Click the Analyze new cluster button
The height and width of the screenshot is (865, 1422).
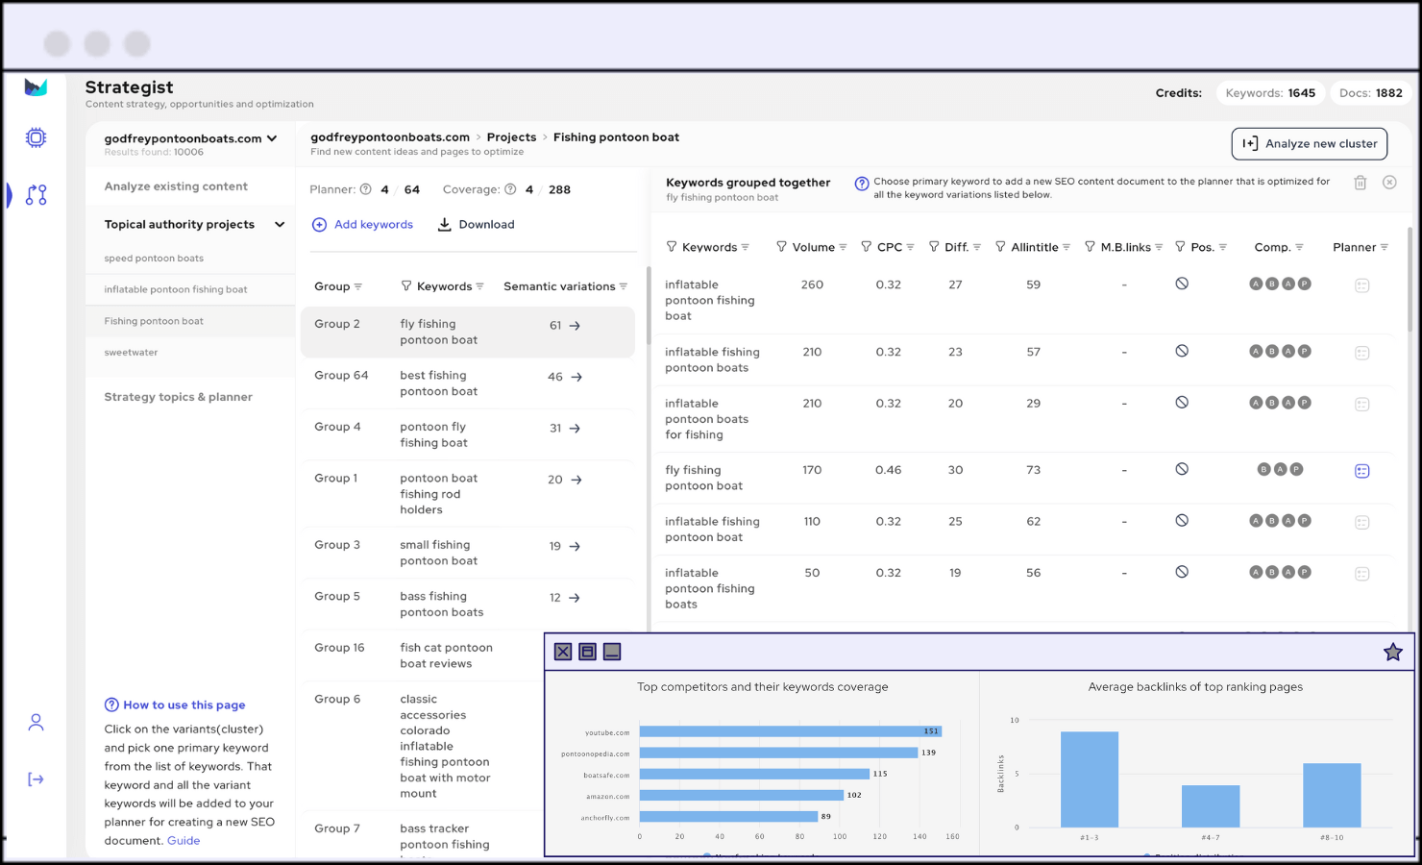pyautogui.click(x=1309, y=144)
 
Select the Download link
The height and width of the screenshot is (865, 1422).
pyautogui.click(x=477, y=225)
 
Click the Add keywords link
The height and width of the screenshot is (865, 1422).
pyautogui.click(x=363, y=225)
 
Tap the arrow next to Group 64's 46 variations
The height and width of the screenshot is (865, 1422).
pyautogui.click(x=576, y=378)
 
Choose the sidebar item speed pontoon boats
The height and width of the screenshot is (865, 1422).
pyautogui.click(x=154, y=259)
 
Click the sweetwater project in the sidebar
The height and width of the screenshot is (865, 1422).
pyautogui.click(x=132, y=353)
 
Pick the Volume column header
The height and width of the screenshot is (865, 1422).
pyautogui.click(x=813, y=248)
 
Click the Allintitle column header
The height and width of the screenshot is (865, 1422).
pyautogui.click(x=1034, y=248)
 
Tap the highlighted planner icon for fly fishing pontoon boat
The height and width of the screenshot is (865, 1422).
pyautogui.click(x=1361, y=471)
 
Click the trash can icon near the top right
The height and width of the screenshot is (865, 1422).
pyautogui.click(x=1361, y=183)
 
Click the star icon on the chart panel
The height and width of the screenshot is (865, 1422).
pyautogui.click(x=1392, y=653)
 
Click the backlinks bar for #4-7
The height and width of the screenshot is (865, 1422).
pyautogui.click(x=1211, y=806)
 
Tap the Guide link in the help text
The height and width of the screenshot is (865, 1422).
pyautogui.click(x=184, y=841)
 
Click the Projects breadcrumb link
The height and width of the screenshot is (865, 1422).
pyautogui.click(x=511, y=137)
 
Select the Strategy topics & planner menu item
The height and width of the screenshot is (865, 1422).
pyautogui.click(x=178, y=397)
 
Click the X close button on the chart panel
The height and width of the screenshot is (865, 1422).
pyautogui.click(x=563, y=653)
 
